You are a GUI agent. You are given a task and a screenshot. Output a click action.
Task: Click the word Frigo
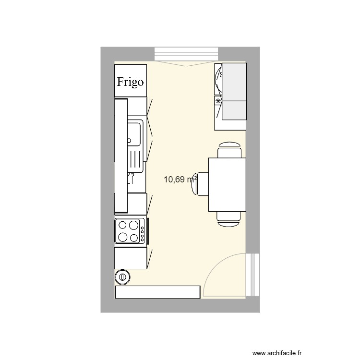pyautogui.click(x=130, y=82)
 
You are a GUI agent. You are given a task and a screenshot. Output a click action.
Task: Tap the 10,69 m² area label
pyautogui.click(x=180, y=180)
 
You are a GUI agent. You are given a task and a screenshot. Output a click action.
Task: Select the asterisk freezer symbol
pyautogui.click(x=218, y=101)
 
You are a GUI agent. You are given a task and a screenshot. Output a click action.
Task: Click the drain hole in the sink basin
pyautogui.click(x=129, y=141)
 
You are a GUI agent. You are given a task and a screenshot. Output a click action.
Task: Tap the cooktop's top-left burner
pyautogui.click(x=122, y=225)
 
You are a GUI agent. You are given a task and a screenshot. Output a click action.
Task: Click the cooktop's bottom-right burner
pyautogui.click(x=134, y=238)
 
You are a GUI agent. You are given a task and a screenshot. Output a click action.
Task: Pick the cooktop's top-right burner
pyautogui.click(x=133, y=225)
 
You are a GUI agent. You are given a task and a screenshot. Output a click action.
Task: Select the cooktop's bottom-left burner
pyautogui.click(x=122, y=237)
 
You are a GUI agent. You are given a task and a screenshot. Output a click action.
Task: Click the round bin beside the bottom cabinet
pyautogui.click(x=122, y=277)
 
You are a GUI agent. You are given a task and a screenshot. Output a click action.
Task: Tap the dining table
pyautogui.click(x=228, y=185)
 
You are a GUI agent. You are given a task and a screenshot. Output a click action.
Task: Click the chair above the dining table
pyautogui.click(x=229, y=150)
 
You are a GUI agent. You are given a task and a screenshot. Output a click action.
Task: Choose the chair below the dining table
pyautogui.click(x=228, y=219)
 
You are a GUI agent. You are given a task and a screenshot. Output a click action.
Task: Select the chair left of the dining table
pyautogui.click(x=200, y=184)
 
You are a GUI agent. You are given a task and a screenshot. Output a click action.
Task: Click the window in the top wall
pyautogui.click(x=186, y=54)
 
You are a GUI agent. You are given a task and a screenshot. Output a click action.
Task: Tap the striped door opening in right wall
pyautogui.click(x=252, y=275)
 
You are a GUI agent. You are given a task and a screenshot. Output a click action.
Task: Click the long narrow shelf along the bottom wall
pyautogui.click(x=157, y=292)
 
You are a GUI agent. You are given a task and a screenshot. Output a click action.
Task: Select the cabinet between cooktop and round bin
pyautogui.click(x=131, y=258)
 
